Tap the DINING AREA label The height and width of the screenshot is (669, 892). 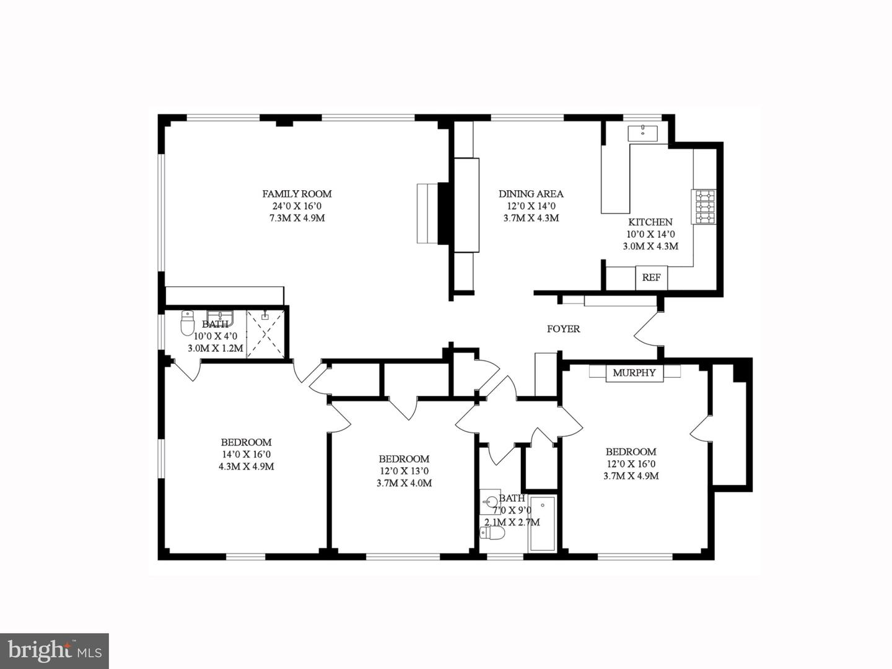[531, 194]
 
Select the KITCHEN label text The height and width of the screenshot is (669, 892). [650, 222]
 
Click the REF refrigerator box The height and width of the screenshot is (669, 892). [651, 278]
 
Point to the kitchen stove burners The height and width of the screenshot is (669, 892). [704, 207]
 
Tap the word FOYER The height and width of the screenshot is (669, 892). [563, 329]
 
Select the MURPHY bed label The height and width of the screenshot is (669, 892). [634, 373]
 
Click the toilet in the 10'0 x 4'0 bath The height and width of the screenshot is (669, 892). [188, 323]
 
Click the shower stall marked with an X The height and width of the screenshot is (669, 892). [266, 333]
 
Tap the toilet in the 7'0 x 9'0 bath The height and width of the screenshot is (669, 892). [494, 533]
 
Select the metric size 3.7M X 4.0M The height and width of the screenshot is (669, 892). [404, 483]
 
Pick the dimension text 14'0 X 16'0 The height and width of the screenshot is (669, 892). [246, 454]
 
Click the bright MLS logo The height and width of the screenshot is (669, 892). [55, 650]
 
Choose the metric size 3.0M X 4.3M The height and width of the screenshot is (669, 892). [650, 246]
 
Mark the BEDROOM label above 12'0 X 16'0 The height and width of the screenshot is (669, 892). [631, 452]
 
